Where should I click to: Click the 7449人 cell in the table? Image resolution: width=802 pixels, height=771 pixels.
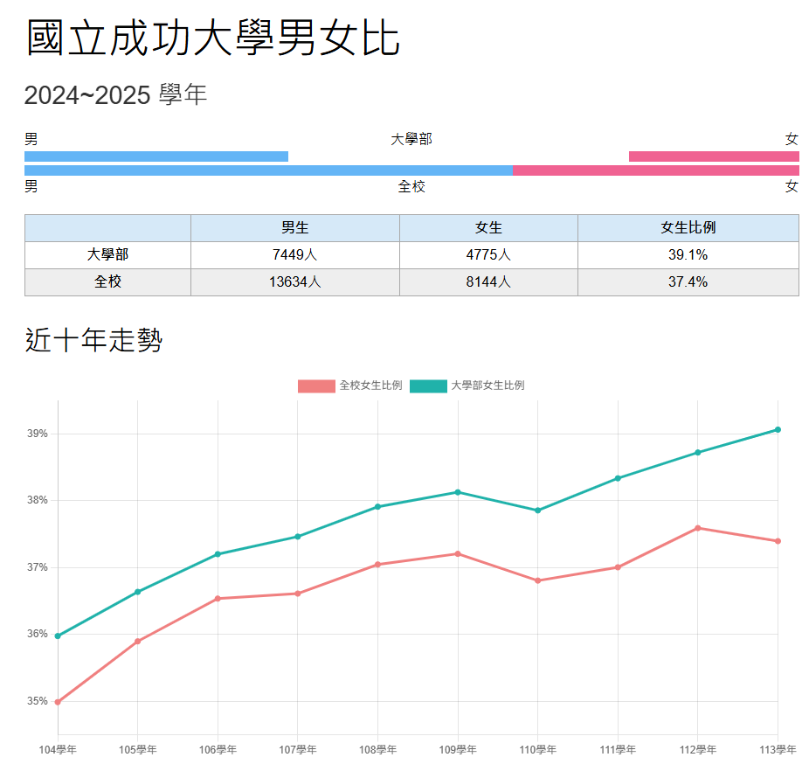(294, 255)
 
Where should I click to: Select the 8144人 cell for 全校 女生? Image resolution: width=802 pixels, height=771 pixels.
(488, 282)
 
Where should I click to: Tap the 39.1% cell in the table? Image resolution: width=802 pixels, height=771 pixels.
(688, 255)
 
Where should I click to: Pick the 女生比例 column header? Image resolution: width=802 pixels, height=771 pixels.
(688, 228)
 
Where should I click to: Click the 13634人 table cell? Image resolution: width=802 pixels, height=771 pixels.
(294, 282)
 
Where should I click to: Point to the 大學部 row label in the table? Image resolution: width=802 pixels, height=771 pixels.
(107, 255)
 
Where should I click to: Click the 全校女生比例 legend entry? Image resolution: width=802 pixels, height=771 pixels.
(350, 385)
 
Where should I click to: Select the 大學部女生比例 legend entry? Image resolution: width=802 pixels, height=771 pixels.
(468, 385)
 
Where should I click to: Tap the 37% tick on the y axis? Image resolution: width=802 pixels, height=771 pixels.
(38, 567)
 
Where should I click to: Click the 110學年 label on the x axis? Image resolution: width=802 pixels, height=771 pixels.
(537, 750)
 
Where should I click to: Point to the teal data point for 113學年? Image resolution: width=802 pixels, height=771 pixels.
(778, 429)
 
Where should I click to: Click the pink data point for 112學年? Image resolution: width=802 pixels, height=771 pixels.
(697, 528)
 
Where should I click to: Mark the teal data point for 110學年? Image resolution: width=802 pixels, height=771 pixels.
(537, 511)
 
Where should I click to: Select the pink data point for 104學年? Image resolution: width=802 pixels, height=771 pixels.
(58, 702)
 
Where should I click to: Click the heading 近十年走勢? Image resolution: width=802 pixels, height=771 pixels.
(93, 340)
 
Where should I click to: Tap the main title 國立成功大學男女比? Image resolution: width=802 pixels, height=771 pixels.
(213, 38)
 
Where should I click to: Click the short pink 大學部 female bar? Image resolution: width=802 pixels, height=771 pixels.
(713, 156)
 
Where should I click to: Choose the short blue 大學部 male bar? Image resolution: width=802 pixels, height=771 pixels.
(156, 156)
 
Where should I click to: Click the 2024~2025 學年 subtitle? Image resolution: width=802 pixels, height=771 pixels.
(115, 95)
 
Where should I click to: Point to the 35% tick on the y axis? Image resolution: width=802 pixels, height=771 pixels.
(38, 701)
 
